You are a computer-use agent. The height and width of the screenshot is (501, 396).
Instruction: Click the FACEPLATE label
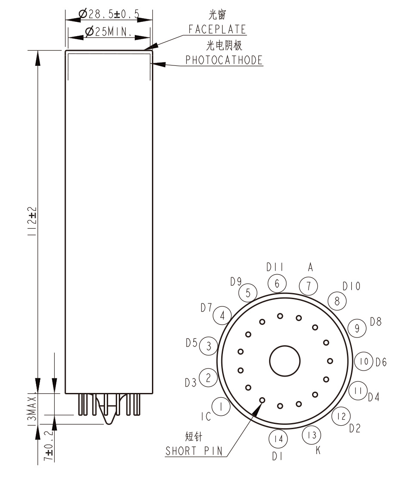click(x=217, y=29)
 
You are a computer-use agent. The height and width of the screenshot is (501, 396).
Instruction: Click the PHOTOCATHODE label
click(x=224, y=60)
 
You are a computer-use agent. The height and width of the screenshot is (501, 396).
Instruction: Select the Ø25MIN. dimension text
click(x=108, y=31)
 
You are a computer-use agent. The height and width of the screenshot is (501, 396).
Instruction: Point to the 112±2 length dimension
click(x=32, y=221)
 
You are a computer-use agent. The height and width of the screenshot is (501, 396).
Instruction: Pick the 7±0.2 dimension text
click(x=49, y=445)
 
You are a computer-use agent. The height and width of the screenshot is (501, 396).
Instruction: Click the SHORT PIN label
click(x=194, y=451)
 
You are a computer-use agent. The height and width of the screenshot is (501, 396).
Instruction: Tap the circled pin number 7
click(x=309, y=286)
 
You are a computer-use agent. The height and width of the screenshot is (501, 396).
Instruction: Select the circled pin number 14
click(x=278, y=439)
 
